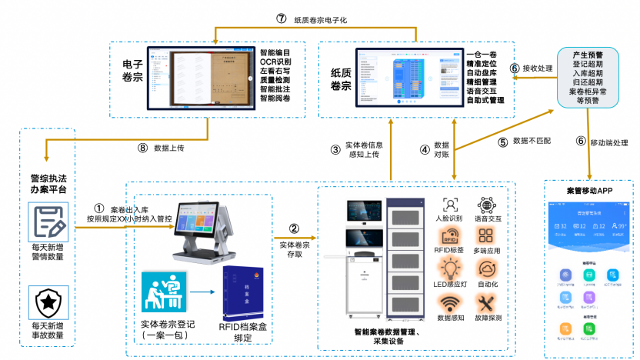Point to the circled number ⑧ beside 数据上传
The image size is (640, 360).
142,148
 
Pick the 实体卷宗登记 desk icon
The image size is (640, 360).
163,293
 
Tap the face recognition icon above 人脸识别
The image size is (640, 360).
451,204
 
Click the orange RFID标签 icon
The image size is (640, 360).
451,235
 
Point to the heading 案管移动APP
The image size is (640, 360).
589,189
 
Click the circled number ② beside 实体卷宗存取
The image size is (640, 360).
294,228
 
